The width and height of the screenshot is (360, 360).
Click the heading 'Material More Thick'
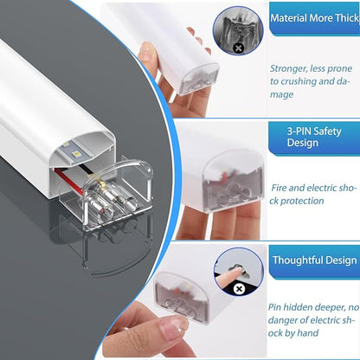click(x=315, y=18)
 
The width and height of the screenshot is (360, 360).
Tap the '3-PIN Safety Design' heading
click(x=314, y=137)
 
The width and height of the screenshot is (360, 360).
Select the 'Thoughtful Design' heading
click(x=315, y=260)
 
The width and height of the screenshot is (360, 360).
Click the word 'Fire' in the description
click(x=279, y=188)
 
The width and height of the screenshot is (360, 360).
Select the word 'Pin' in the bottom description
click(x=274, y=307)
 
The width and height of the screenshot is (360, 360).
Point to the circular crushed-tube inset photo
click(x=238, y=30)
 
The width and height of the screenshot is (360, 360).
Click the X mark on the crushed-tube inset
click(x=238, y=48)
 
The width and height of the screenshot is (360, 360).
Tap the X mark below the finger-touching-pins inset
click(x=239, y=289)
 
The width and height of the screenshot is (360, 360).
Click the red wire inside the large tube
click(x=68, y=178)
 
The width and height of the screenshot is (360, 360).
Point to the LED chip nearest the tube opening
click(x=77, y=155)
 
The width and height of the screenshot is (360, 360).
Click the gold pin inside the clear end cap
click(x=103, y=183)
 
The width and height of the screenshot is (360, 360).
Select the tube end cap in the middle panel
click(x=233, y=182)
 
